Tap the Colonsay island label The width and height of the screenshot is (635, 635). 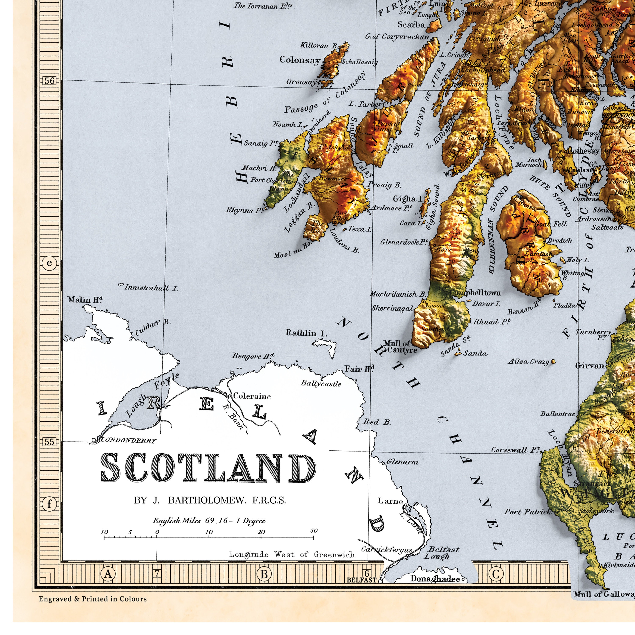tap(300, 60)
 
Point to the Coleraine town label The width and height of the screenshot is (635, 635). tap(252, 396)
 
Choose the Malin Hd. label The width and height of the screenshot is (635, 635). tap(85, 300)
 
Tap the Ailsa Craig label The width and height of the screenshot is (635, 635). tap(529, 362)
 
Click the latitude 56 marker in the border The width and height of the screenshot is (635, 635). tap(49, 81)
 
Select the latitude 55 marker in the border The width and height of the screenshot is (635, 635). tap(49, 442)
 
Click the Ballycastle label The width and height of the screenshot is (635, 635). tap(321, 384)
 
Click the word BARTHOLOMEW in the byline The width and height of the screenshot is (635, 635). tap(207, 500)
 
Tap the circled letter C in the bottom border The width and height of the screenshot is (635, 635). tap(496, 574)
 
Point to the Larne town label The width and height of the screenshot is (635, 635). tap(390, 501)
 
